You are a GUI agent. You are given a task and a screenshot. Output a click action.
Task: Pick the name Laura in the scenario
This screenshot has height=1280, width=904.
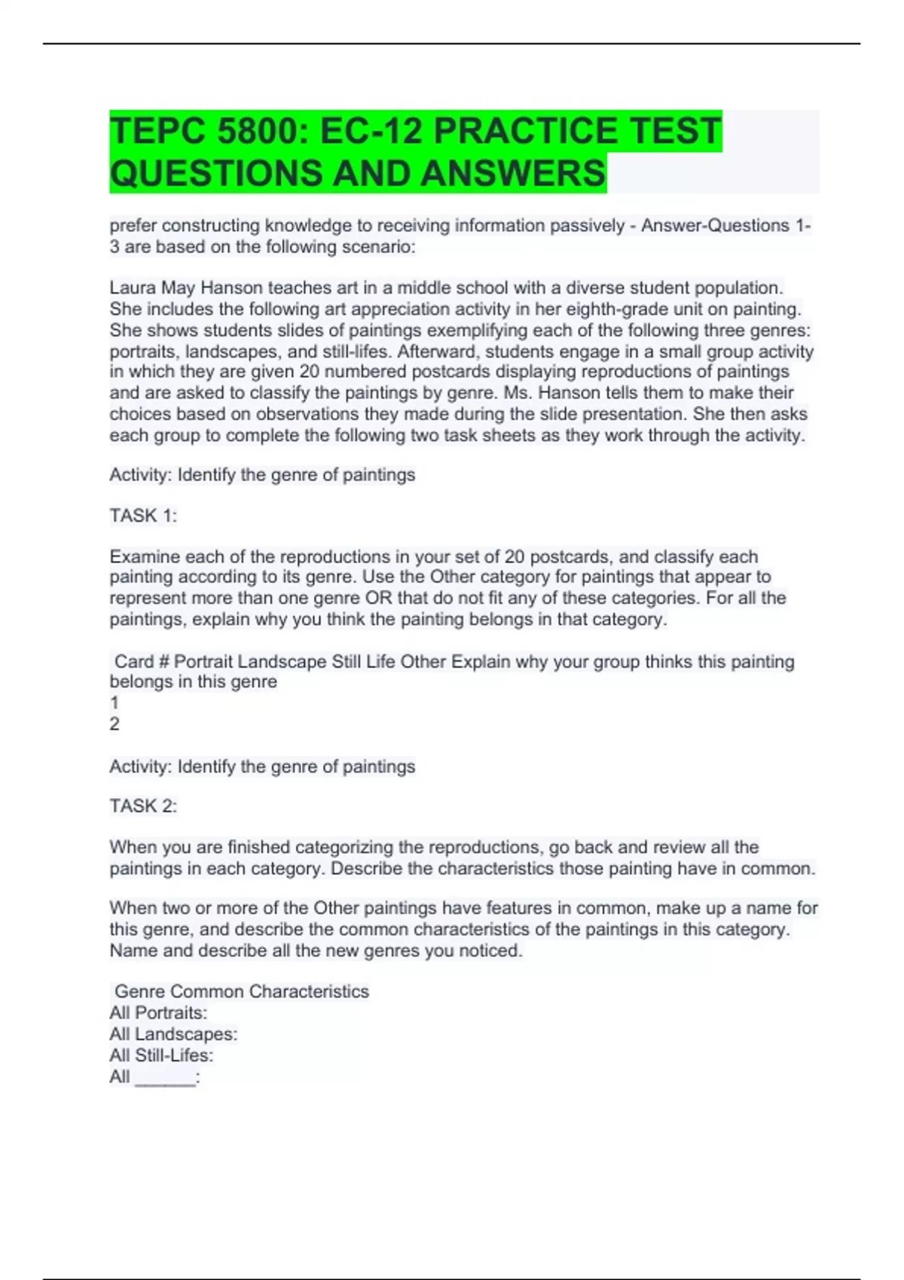tap(133, 288)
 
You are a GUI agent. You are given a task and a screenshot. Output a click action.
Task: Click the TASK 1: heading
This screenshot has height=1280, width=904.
tap(143, 516)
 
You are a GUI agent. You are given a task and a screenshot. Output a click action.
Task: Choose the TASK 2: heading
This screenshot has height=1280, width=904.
tap(143, 806)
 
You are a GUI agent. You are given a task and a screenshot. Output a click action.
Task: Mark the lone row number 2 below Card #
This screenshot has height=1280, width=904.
tap(115, 724)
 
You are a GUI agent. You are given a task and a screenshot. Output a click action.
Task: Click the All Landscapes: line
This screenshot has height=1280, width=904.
tap(173, 1035)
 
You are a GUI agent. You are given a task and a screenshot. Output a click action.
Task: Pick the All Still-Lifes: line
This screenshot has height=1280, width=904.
tap(161, 1056)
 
